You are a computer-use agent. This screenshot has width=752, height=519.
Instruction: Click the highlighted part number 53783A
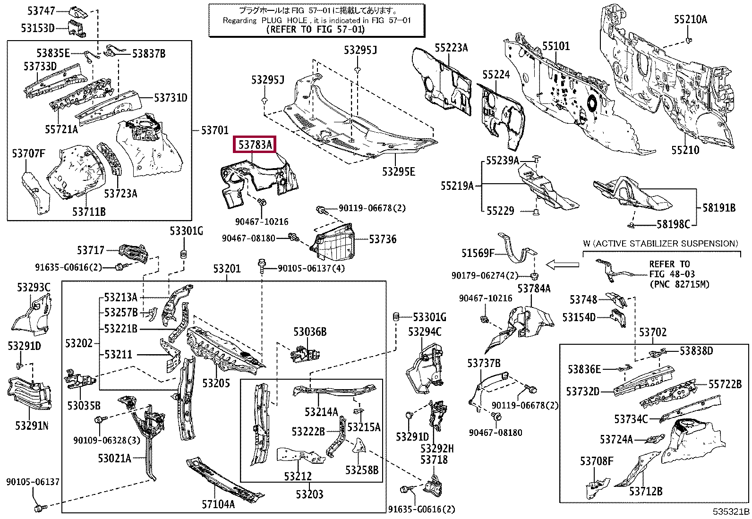point(255,145)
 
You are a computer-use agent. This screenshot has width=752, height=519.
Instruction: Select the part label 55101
point(556,46)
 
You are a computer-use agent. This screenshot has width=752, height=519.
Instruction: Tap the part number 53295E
point(399,171)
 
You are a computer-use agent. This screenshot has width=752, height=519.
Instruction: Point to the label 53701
point(214,130)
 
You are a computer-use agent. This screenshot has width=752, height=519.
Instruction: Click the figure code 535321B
point(731,511)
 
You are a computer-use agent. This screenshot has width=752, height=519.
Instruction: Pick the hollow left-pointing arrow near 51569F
point(562,265)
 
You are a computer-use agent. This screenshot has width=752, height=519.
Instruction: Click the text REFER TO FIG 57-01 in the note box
point(316,30)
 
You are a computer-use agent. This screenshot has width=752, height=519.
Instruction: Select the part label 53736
point(383,239)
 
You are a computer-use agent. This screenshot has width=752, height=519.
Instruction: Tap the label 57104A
point(218,504)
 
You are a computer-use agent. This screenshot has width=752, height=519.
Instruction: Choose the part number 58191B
point(719,208)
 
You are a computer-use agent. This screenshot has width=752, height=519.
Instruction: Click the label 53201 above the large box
point(227,269)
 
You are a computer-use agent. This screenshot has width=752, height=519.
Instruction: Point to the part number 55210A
point(691,19)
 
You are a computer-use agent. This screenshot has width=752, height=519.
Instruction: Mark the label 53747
point(41,11)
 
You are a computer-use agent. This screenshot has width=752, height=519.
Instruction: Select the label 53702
point(653,332)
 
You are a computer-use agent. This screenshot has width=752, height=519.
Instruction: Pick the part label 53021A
point(114,458)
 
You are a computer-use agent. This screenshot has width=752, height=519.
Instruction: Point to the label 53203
point(309,494)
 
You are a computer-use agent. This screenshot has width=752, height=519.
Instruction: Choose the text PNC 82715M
point(679,284)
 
